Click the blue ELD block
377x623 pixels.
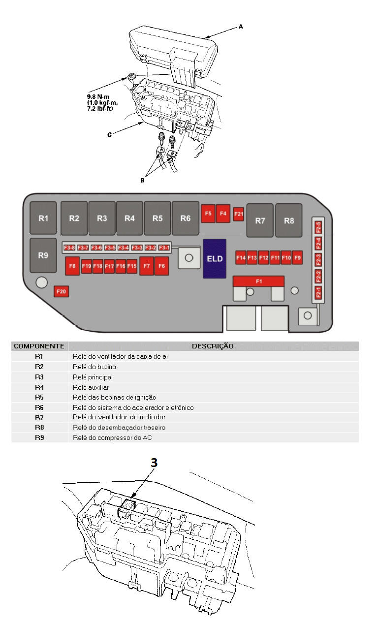pos(215,258)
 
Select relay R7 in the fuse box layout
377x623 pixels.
pos(260,220)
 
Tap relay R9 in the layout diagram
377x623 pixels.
pos(43,255)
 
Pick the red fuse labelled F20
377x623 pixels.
pos(61,292)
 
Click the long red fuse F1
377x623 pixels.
pos(259,281)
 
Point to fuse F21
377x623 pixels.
pos(239,214)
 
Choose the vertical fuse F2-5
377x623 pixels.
pos(318,228)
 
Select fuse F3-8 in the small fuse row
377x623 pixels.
pos(69,248)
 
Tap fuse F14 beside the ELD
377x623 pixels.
pos(241,258)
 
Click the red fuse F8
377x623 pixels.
pos(72,266)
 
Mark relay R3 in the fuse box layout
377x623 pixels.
pos(102,218)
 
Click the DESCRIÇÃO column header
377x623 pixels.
pos(213,346)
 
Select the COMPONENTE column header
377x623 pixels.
pos(39,346)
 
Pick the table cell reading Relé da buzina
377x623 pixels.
pos(94,367)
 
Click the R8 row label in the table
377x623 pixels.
pos(39,427)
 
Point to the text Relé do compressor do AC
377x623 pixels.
pos(112,437)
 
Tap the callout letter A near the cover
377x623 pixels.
pos(241,27)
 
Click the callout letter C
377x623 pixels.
pos(109,134)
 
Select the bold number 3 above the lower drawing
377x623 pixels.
pos(154,463)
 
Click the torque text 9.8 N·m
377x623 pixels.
pos(101,97)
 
